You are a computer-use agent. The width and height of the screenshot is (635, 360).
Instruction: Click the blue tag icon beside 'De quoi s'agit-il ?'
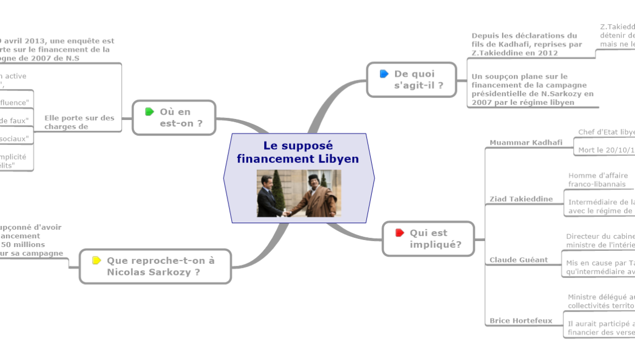coord(384,74)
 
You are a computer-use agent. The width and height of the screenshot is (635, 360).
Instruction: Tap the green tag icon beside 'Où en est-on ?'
coord(150,112)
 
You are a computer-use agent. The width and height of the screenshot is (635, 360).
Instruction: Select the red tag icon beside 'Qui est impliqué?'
coord(400,233)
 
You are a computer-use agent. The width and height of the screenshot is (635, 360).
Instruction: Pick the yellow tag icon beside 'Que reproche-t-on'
coord(97,261)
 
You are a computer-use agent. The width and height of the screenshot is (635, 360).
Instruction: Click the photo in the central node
coord(299,193)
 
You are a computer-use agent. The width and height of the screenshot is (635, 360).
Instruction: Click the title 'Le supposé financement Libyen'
coord(298,153)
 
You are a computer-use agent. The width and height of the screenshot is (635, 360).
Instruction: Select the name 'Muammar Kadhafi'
coord(518,142)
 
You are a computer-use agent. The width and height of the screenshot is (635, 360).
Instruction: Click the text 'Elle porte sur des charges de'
coord(79,122)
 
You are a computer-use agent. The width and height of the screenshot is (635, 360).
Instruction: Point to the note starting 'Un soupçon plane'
coord(532,90)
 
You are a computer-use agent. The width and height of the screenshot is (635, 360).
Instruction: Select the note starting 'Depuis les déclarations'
coord(526,45)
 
